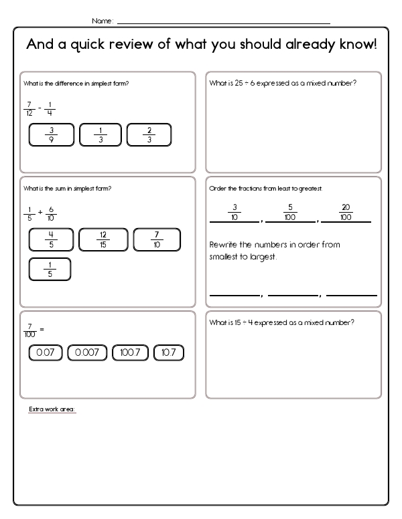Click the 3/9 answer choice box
click(x=52, y=134)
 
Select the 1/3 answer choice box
click(x=100, y=134)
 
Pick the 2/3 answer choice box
click(x=149, y=134)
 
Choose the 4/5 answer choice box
click(x=52, y=239)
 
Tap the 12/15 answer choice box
click(x=103, y=239)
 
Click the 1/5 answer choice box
click(x=50, y=269)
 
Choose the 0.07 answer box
click(x=45, y=352)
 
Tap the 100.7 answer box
click(x=130, y=352)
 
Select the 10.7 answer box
click(x=169, y=352)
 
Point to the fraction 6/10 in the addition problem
click(x=52, y=213)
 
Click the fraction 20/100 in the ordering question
click(x=346, y=211)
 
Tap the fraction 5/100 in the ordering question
click(x=290, y=211)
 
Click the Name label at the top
click(x=102, y=21)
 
